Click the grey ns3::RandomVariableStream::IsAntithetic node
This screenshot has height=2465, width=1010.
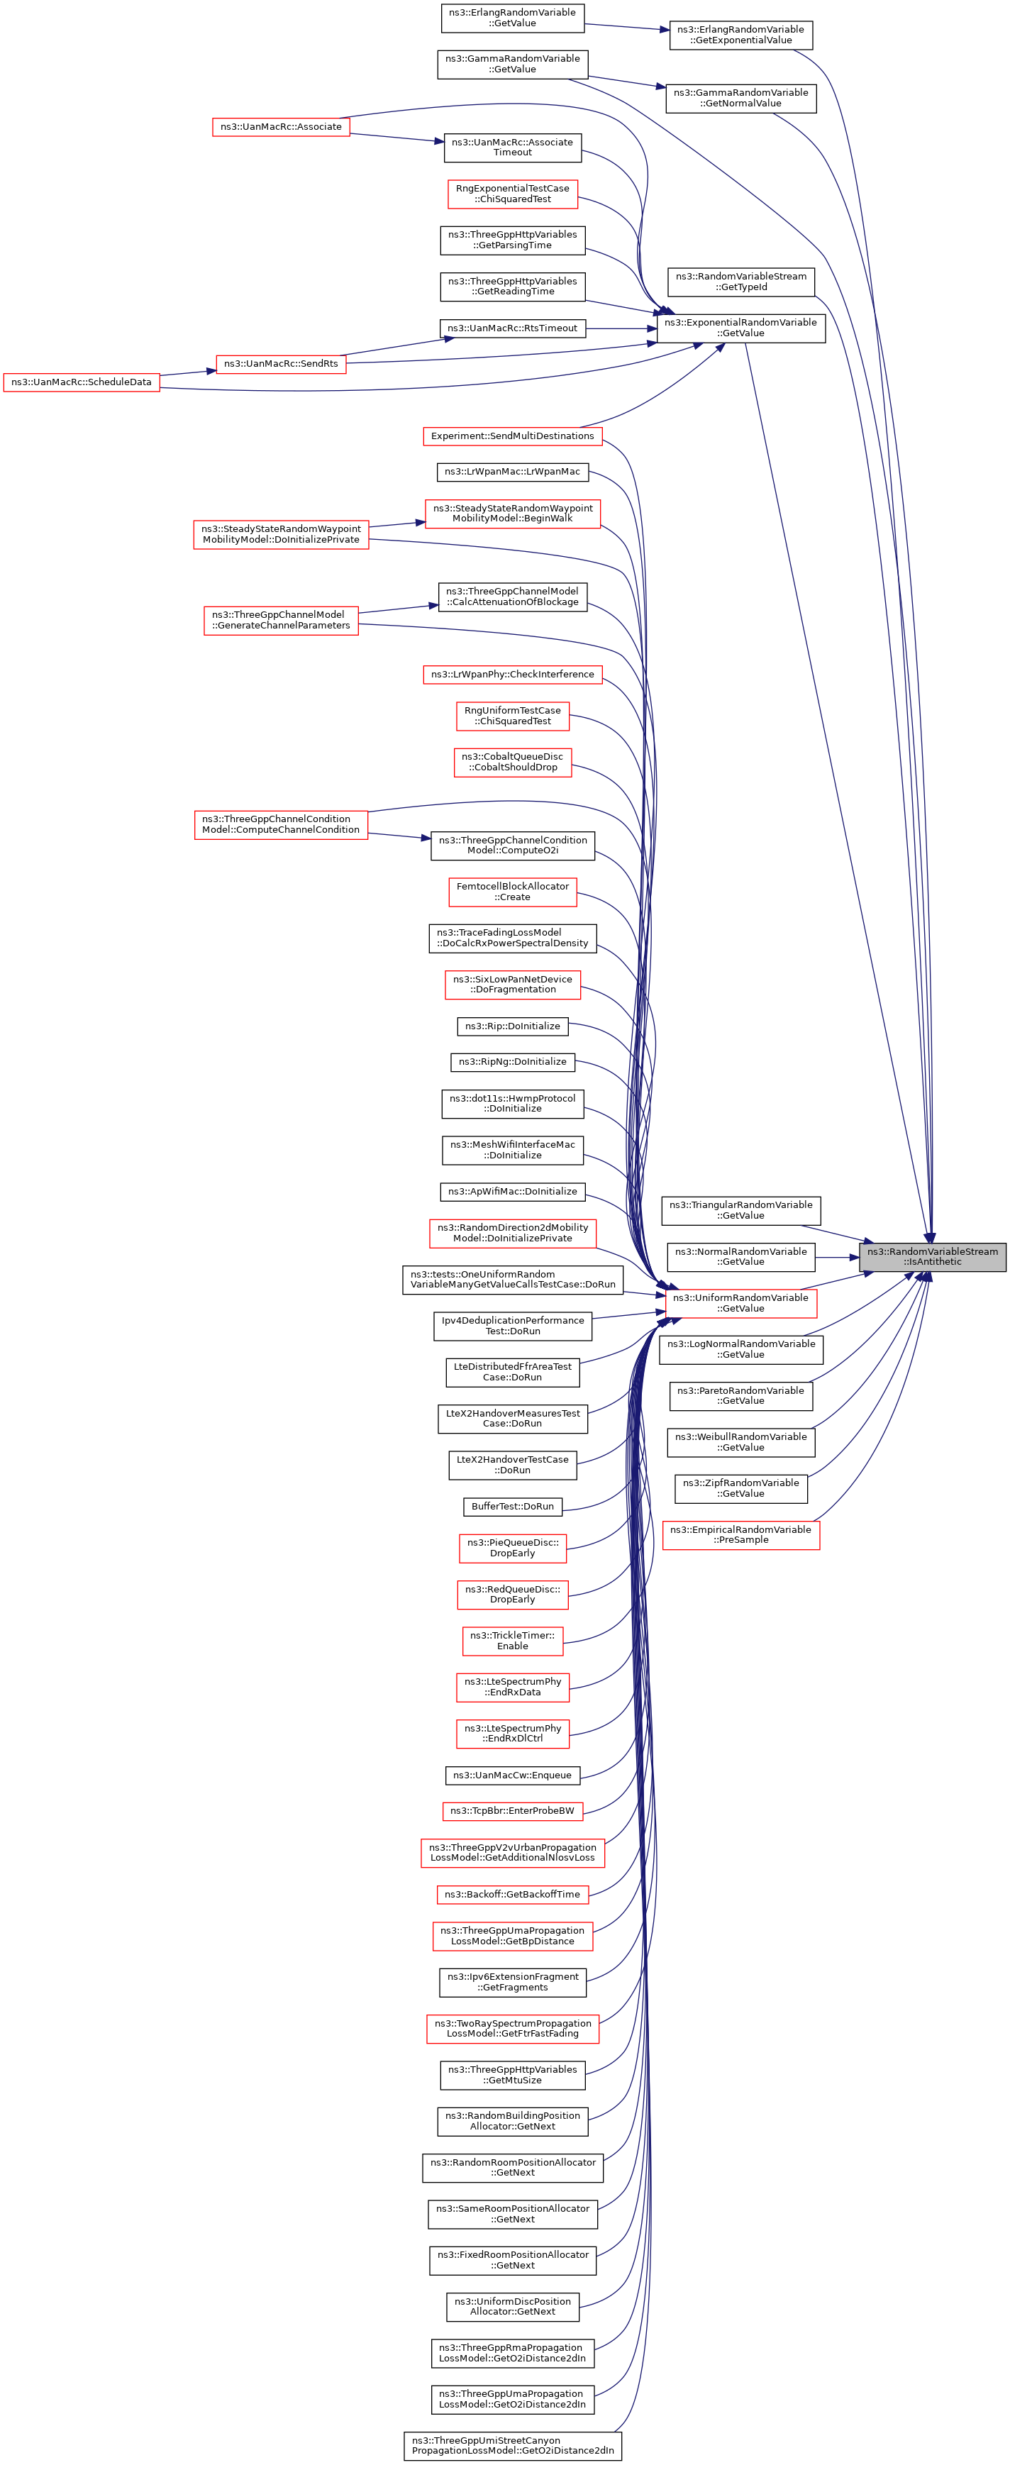point(933,1256)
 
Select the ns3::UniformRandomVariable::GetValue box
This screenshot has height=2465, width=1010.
point(741,1302)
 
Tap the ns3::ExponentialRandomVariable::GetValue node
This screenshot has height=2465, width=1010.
point(741,327)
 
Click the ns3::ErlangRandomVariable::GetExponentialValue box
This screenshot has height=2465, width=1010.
point(741,35)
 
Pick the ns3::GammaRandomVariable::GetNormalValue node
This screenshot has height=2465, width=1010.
point(741,98)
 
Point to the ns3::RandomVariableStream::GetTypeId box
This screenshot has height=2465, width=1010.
point(741,282)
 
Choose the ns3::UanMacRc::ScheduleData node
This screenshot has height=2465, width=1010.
point(82,382)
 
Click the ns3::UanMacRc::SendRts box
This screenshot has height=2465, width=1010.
point(281,364)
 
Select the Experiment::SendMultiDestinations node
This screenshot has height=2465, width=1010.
point(513,436)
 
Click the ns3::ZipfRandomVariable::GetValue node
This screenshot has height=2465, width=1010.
point(741,1488)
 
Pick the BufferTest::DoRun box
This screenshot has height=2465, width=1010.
point(513,1505)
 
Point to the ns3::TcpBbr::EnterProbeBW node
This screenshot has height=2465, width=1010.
point(513,1810)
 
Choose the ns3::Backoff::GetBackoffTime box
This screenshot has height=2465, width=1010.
point(513,1894)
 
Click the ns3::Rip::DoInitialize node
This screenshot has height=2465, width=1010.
point(513,1026)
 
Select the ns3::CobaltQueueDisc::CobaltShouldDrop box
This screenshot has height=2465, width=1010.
point(513,762)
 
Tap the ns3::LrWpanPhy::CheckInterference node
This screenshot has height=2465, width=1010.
point(513,674)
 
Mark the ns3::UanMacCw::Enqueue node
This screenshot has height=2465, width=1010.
point(513,1775)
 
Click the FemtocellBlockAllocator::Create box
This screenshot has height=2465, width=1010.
point(513,891)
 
